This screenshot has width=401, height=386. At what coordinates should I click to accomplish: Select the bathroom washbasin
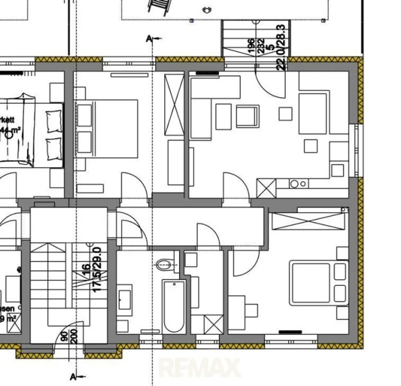click(x=125, y=300)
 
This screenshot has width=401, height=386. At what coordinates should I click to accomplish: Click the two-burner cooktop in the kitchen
click(x=298, y=184)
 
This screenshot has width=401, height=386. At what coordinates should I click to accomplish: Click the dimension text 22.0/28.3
click(x=281, y=47)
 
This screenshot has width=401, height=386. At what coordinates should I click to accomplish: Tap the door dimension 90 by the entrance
click(x=64, y=336)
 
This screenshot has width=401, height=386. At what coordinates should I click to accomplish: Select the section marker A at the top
click(x=149, y=39)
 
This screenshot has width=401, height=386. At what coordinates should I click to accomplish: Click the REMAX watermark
click(x=199, y=368)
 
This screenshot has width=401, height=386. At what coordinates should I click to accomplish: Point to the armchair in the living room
click(x=247, y=116)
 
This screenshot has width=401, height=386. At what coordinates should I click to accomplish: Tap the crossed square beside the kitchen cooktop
click(x=266, y=188)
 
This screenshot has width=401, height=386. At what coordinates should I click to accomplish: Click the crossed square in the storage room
click(x=214, y=325)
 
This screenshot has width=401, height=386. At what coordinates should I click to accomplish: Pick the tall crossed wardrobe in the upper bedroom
click(x=174, y=104)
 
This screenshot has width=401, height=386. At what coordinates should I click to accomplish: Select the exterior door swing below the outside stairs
click(x=269, y=84)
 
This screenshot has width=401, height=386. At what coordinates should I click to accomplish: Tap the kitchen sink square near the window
click(x=337, y=170)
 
